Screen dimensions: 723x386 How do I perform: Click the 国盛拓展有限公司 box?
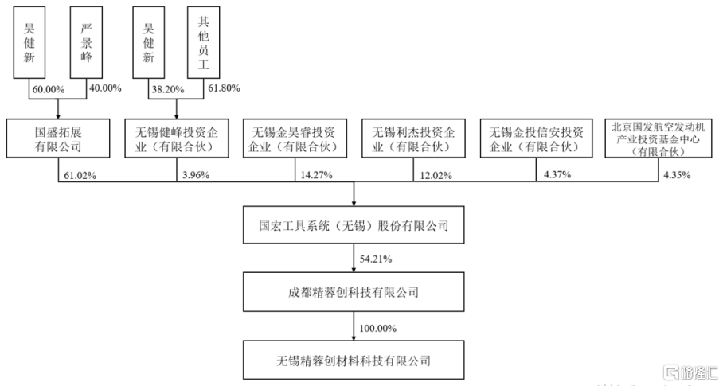coord(58,138)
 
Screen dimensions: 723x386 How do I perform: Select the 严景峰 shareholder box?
coord(86,42)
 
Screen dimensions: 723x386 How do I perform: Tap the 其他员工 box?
coord(203,42)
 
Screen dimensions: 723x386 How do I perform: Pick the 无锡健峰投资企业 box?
coord(177,138)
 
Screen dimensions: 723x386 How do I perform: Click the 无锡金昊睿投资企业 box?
coord(295,138)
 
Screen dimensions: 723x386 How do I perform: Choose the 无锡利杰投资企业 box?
coord(413,138)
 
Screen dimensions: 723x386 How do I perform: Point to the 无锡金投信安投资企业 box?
coord(536,138)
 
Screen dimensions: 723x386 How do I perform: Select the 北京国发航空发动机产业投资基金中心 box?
coord(659,138)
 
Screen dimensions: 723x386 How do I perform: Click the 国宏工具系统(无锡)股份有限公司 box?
coord(354,224)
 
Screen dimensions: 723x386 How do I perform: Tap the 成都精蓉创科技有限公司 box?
coord(354,292)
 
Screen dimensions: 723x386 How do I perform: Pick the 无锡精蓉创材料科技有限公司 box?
coord(354,361)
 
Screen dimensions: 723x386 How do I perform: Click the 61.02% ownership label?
coord(80,176)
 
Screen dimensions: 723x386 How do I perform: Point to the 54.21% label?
coord(376,259)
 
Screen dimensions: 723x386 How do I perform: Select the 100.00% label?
coord(378,329)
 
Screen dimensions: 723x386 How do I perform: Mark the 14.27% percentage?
coord(316,175)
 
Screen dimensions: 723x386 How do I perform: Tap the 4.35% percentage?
coord(677,175)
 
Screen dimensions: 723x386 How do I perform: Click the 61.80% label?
coord(224,88)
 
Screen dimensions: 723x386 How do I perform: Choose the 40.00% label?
coord(105,88)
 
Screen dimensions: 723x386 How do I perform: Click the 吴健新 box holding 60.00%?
coord(29,42)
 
